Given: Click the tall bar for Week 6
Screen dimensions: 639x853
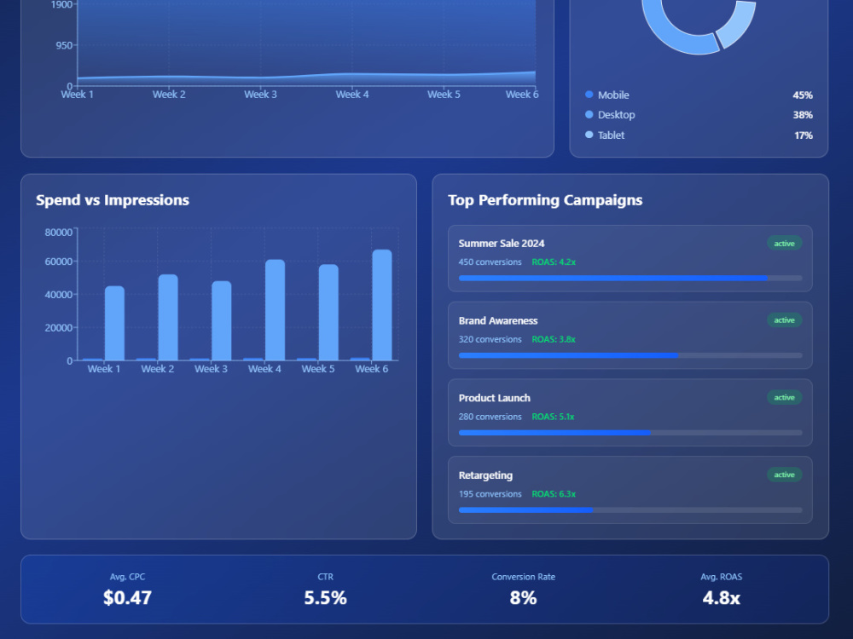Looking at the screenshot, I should (x=382, y=304).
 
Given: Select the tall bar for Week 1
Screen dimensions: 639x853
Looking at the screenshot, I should (x=114, y=323).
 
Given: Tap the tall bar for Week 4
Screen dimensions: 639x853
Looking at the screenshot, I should (x=275, y=309).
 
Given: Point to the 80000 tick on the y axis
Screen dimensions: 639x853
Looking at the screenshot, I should (x=58, y=232).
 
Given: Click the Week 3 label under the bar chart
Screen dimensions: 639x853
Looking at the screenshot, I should (x=211, y=369).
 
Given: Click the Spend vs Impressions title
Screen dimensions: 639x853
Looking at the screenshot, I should (x=113, y=200).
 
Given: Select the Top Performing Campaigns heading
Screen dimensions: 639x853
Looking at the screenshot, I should (x=545, y=200).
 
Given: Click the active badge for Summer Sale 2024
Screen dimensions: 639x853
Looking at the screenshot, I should (x=784, y=244).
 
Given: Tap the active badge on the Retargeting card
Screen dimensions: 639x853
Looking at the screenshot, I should (x=784, y=475).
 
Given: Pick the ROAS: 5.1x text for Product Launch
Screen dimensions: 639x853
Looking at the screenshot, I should (x=553, y=417).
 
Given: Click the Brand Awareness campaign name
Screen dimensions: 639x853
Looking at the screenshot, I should (x=498, y=320).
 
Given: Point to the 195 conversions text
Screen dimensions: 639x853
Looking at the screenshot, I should (x=490, y=494).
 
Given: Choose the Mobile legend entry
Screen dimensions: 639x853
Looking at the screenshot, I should (x=613, y=95).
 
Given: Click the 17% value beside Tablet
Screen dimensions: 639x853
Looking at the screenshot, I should (x=803, y=135).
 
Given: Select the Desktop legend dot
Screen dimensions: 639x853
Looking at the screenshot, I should (x=589, y=115).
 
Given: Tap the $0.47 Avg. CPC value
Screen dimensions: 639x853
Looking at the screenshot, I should (x=127, y=598).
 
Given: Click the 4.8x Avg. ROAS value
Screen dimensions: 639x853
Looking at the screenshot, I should (x=721, y=598).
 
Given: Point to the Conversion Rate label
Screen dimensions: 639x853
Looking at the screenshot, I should (x=523, y=577).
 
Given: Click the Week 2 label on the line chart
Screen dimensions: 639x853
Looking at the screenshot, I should (x=169, y=95).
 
